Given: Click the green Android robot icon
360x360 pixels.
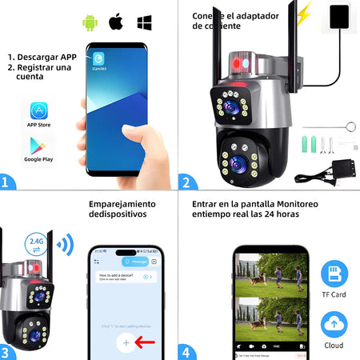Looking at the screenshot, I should (x=90, y=21).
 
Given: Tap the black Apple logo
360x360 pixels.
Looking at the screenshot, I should (x=117, y=21).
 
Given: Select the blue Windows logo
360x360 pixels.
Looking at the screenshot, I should (x=145, y=21).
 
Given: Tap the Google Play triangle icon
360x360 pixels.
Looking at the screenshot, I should (x=38, y=146).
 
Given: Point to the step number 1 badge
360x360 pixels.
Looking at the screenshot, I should (x=7, y=181).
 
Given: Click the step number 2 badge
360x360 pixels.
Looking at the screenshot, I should (x=186, y=181).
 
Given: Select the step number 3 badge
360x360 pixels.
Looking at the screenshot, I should (x=7, y=352).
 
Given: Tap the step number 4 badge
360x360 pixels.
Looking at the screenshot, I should (x=186, y=352).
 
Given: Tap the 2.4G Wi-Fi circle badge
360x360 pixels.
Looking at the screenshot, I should (x=36, y=240).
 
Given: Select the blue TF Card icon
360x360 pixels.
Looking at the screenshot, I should (x=334, y=274).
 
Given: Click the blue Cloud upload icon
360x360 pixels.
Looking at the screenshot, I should (x=334, y=324).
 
